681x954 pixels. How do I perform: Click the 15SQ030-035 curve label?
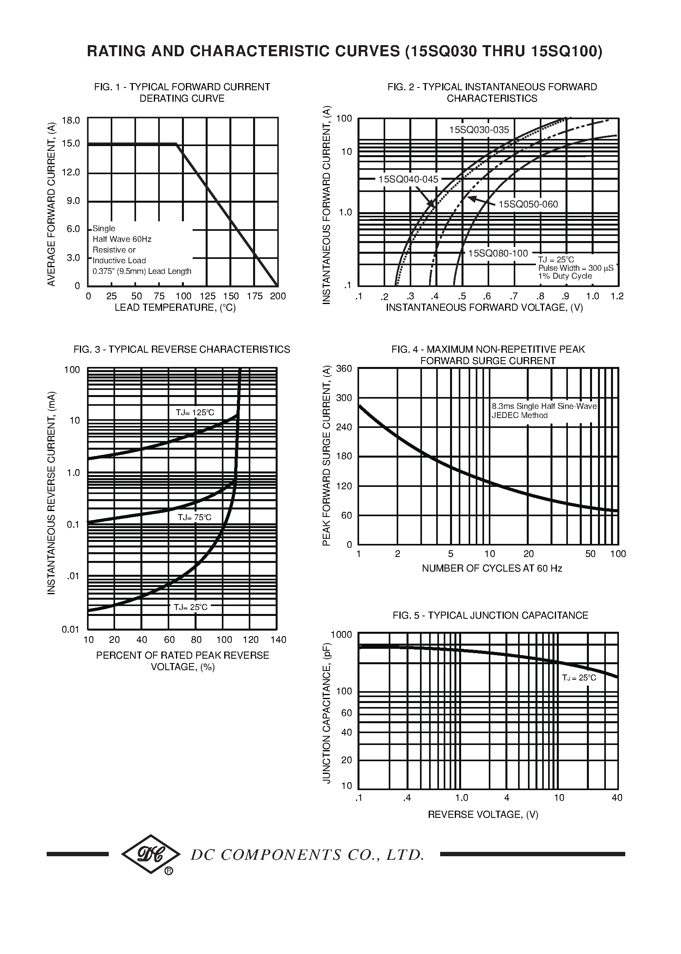(x=479, y=130)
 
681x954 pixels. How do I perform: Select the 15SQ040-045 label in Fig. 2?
(x=408, y=180)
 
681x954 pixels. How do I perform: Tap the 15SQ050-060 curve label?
(x=528, y=204)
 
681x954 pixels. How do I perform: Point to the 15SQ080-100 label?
(x=498, y=253)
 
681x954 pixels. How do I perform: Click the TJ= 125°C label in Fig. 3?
(x=195, y=412)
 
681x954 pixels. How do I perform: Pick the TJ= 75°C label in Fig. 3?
(x=195, y=517)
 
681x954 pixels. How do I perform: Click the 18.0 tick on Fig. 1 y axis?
(x=71, y=121)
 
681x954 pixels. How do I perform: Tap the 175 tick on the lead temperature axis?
(x=255, y=296)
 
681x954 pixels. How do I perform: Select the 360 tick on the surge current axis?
(x=344, y=369)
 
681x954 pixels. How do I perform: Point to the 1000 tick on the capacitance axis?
(x=341, y=634)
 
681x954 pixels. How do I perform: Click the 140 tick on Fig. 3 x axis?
(x=278, y=640)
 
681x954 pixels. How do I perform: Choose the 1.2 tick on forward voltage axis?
(x=617, y=296)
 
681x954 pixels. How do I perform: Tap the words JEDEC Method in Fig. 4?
(x=520, y=416)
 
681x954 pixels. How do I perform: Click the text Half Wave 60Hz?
(x=122, y=239)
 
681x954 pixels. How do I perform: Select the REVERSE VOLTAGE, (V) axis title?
(x=482, y=815)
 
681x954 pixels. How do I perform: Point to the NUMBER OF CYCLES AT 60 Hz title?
(x=492, y=568)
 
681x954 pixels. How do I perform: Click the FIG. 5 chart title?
(x=490, y=615)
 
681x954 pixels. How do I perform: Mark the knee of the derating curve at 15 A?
(x=176, y=144)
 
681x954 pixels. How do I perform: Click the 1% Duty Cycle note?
(x=565, y=276)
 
